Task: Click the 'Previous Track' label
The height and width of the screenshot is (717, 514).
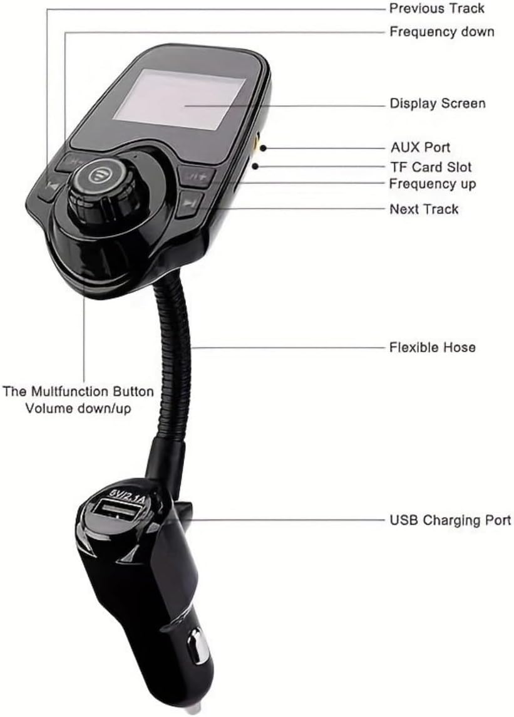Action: [x=437, y=8]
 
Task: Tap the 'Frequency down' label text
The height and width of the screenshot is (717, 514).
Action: [x=441, y=31]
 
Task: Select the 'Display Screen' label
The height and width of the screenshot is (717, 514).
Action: [x=438, y=103]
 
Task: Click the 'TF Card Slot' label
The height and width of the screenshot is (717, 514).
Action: [x=430, y=167]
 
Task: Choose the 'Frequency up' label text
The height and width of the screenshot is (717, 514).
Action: [x=432, y=184]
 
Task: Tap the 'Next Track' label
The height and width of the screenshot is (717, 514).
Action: [x=424, y=209]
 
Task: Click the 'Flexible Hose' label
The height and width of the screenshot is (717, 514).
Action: [x=432, y=347]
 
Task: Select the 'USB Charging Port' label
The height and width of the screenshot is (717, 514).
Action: [x=450, y=520]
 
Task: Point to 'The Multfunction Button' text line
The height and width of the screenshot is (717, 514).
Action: [x=78, y=392]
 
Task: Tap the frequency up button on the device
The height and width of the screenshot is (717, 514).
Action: [x=197, y=175]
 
